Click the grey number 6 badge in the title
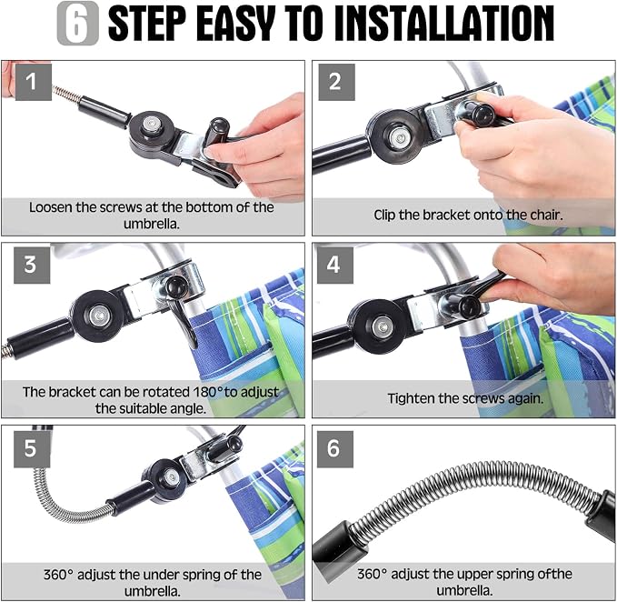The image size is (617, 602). tap(78, 24)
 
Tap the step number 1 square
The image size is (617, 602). tap(33, 82)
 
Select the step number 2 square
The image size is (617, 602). tap(336, 82)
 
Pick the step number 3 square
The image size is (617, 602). tap(32, 265)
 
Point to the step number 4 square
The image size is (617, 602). tap(335, 265)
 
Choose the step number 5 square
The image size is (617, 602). tap(32, 449)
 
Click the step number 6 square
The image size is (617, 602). tap(335, 449)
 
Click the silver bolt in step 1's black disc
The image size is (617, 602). tap(150, 125)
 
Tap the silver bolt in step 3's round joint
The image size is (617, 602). tap(98, 316)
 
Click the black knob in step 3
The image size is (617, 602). tap(175, 287)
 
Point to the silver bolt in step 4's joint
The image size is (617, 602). tap(381, 326)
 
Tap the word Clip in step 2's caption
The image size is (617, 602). tap(384, 215)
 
